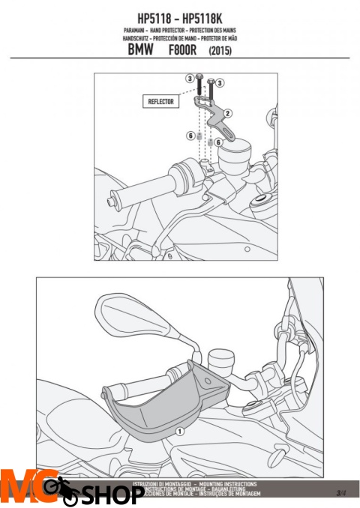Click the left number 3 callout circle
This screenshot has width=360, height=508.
coord(190,78)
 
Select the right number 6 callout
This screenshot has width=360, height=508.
coord(218,140)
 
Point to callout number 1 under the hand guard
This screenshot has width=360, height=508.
coord(179,432)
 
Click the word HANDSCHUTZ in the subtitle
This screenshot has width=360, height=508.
coord(139,37)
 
